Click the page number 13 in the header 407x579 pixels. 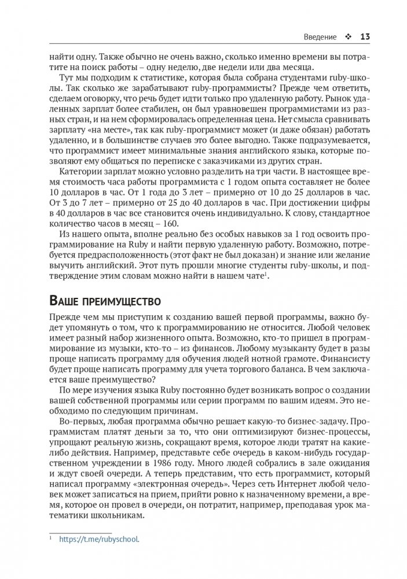coord(365,37)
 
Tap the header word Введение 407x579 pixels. coord(320,37)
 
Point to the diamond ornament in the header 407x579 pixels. coord(349,37)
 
